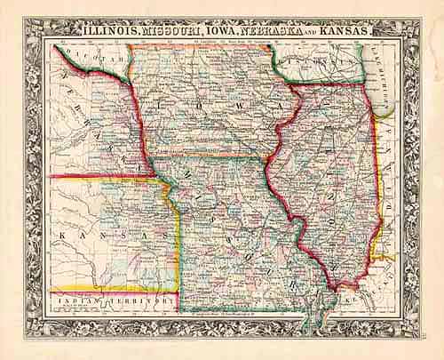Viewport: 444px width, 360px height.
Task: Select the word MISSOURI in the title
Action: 174,30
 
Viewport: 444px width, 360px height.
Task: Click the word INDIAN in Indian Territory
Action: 76,300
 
